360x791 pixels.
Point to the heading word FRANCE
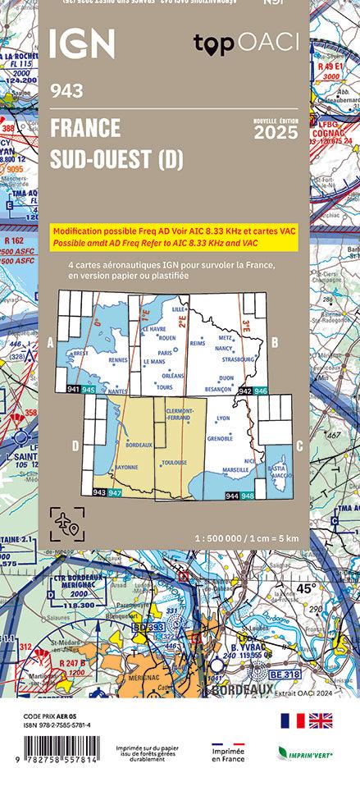point(84,128)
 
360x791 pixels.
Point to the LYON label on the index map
point(222,418)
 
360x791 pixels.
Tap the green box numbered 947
point(116,492)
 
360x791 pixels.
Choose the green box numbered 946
point(260,391)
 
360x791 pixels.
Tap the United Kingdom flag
point(321,720)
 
